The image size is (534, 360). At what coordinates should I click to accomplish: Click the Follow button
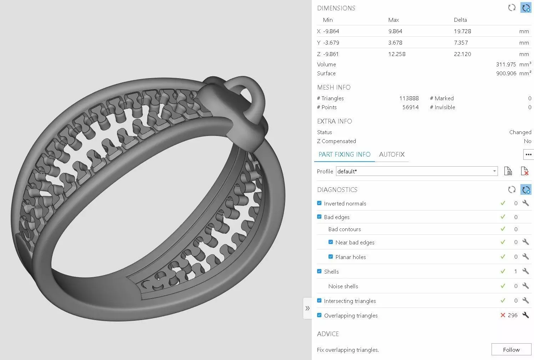(x=511, y=350)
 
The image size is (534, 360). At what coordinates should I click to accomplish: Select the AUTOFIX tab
(x=391, y=154)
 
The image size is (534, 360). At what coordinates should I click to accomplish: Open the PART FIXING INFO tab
(x=344, y=154)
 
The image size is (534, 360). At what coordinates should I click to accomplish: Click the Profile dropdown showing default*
(x=417, y=171)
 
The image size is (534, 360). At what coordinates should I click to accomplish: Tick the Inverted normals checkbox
(x=319, y=203)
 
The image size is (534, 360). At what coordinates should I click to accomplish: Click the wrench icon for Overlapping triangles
(x=525, y=315)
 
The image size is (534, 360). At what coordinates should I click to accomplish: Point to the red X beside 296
(x=503, y=315)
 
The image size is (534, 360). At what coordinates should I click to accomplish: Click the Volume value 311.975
(x=506, y=65)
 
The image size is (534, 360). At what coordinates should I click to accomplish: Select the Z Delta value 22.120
(x=462, y=54)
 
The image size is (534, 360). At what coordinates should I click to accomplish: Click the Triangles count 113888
(x=409, y=98)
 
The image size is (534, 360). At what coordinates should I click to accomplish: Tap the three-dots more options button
(x=528, y=154)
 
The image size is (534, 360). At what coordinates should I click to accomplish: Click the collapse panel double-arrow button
(x=307, y=308)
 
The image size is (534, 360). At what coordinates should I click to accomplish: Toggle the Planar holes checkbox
(x=331, y=257)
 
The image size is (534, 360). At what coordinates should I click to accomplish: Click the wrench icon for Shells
(x=525, y=271)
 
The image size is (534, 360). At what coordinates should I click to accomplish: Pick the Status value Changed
(x=520, y=132)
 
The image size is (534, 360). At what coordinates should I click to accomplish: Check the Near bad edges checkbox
(x=331, y=242)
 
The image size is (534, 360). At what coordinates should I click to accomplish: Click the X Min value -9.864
(x=331, y=31)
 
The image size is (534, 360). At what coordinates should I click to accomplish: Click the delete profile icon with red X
(x=524, y=171)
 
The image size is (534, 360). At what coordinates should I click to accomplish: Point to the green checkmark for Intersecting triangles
(x=503, y=300)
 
